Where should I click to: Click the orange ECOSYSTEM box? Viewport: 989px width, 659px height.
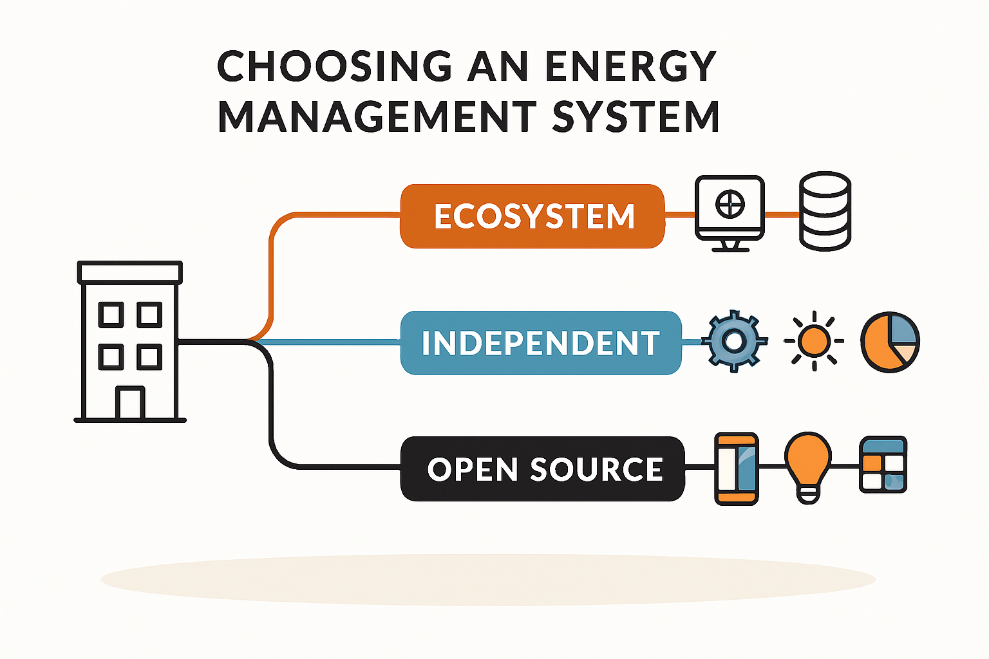point(532,216)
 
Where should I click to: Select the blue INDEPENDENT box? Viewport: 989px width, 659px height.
point(541,343)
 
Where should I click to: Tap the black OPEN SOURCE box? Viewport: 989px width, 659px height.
point(543,469)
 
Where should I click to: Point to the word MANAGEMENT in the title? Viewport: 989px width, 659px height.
point(377,117)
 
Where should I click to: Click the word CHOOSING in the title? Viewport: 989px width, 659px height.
point(335,66)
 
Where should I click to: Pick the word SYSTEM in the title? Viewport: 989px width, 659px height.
point(636,117)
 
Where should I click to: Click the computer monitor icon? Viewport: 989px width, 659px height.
point(730,214)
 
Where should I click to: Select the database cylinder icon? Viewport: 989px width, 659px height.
point(825,212)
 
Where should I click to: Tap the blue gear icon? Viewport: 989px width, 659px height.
point(734,341)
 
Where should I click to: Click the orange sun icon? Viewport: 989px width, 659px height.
point(814,341)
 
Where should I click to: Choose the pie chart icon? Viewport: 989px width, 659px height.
point(890,342)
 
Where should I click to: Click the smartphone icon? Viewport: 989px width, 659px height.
point(737,469)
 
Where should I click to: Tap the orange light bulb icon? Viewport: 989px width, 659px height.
point(808,467)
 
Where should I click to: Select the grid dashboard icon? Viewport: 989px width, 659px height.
point(883,465)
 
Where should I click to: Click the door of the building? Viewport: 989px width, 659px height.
point(130,403)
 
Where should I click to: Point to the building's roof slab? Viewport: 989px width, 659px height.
point(130,272)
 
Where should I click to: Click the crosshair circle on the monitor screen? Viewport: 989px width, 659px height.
point(730,205)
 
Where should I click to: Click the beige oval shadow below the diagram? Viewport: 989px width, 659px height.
point(488,580)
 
